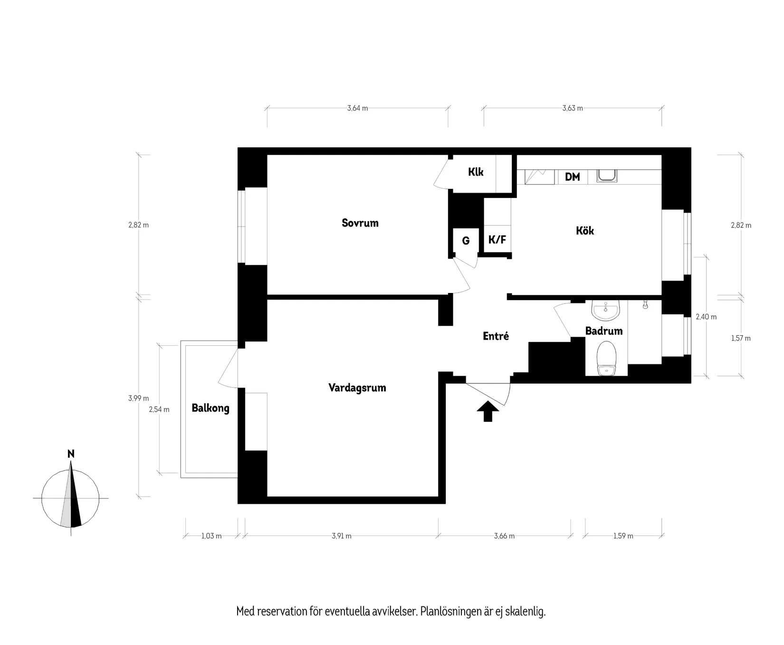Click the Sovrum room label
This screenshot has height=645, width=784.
tap(360, 223)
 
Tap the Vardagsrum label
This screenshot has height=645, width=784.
tap(357, 388)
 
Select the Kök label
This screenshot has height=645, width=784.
tap(585, 231)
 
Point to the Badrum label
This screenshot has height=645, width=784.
tap(603, 331)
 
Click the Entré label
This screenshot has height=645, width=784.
tap(496, 336)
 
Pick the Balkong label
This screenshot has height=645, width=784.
tap(210, 408)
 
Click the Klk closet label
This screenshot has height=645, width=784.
tap(475, 172)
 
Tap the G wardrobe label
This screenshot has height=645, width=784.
tap(466, 241)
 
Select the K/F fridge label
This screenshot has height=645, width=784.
tap(497, 240)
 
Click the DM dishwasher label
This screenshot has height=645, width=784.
tap(573, 177)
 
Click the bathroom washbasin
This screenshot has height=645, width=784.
tap(606, 311)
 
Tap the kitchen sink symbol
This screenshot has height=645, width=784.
tap(607, 176)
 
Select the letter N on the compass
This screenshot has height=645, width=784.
tap(71, 454)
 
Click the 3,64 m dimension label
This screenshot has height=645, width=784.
tap(357, 108)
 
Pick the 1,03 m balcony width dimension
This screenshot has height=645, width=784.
tap(211, 536)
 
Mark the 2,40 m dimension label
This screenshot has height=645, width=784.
tap(706, 317)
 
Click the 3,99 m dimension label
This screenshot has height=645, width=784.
tap(138, 399)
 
